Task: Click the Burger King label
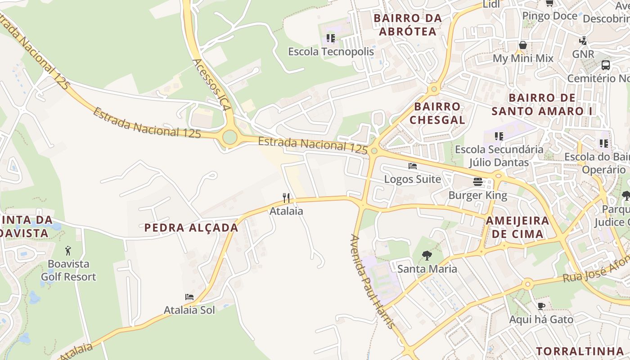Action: (x=477, y=195)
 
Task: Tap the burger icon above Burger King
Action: (x=477, y=182)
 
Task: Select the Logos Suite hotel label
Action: (x=412, y=179)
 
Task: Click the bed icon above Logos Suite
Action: (x=412, y=166)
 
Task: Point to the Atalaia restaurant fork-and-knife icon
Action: (x=286, y=198)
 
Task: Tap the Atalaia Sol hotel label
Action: (x=189, y=310)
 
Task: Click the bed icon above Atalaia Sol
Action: (x=189, y=297)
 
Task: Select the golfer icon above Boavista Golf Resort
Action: (x=68, y=251)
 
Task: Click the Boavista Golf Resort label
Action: (x=68, y=270)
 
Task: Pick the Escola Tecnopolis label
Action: (x=331, y=52)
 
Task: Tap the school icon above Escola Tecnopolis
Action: (x=331, y=38)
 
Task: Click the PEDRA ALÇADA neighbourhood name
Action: (x=191, y=228)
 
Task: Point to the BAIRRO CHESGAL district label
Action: (x=437, y=113)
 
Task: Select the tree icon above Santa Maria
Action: (x=427, y=256)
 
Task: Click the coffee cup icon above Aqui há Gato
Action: (x=541, y=306)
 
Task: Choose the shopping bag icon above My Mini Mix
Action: (x=522, y=45)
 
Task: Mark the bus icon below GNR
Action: (x=606, y=65)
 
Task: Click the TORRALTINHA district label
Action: (x=580, y=351)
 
